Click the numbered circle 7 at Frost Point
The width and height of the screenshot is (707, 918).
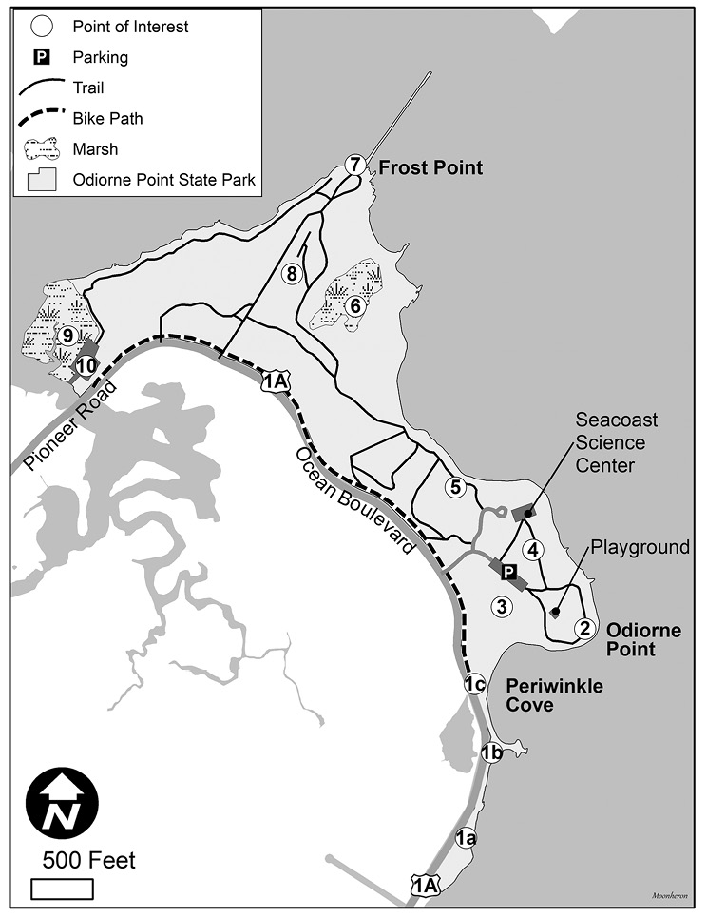pos(354,165)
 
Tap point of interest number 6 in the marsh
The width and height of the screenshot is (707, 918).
pos(355,305)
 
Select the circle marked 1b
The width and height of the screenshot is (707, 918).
pos(491,753)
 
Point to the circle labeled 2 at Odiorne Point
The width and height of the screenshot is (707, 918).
pos(584,627)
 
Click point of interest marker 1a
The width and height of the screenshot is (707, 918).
pos(465,838)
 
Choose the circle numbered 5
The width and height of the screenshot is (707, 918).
pos(456,488)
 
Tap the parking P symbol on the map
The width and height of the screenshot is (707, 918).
pos(508,573)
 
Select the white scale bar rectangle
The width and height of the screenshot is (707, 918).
pos(63,889)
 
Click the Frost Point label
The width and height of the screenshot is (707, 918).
pos(430,168)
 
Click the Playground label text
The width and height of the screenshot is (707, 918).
pos(640,547)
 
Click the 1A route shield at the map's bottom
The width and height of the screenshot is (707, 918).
pos(425,885)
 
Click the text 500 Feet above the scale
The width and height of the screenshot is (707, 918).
pos(88,861)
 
